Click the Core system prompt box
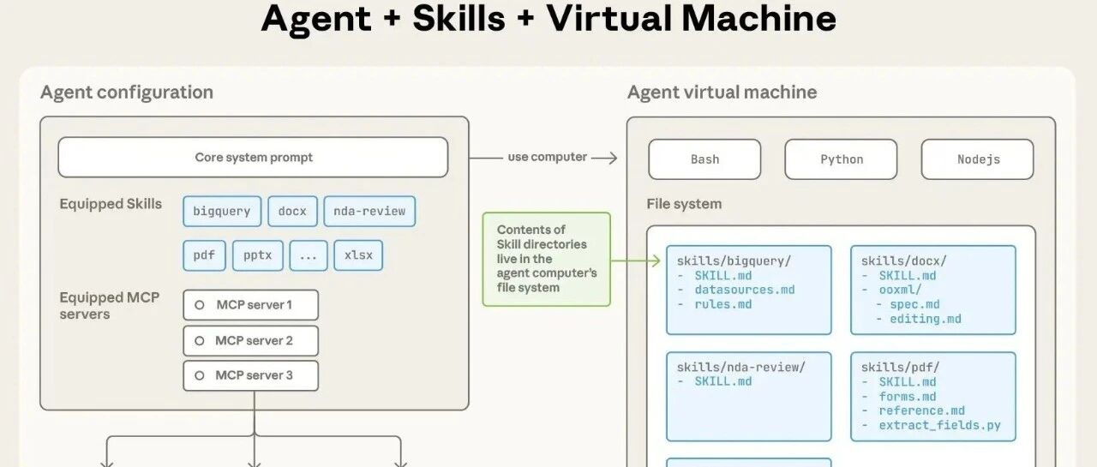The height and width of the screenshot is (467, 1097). pyautogui.click(x=253, y=157)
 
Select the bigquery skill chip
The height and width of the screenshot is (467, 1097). pyautogui.click(x=222, y=211)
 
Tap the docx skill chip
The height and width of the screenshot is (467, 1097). pyautogui.click(x=292, y=211)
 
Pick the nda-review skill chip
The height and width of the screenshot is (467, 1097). pyautogui.click(x=369, y=211)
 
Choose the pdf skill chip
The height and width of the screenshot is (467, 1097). pyautogui.click(x=204, y=255)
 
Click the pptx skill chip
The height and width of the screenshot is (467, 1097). pyautogui.click(x=258, y=255)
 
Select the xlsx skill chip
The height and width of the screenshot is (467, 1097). pyautogui.click(x=358, y=255)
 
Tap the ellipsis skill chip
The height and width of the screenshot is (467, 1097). pyautogui.click(x=308, y=255)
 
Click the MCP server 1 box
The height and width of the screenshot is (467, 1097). pyautogui.click(x=251, y=304)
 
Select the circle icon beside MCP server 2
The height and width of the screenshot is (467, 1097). pyautogui.click(x=200, y=341)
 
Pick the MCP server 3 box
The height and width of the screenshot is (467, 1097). pyautogui.click(x=251, y=375)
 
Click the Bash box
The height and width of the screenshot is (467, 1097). pyautogui.click(x=704, y=159)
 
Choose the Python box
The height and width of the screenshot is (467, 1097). pyautogui.click(x=841, y=159)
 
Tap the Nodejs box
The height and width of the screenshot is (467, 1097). pyautogui.click(x=978, y=159)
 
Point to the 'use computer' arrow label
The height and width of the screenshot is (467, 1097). pyautogui.click(x=547, y=157)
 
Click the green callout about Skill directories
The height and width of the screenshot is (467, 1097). pyautogui.click(x=547, y=259)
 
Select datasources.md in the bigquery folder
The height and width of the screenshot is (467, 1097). pyautogui.click(x=745, y=290)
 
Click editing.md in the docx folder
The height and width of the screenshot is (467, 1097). pyautogui.click(x=925, y=319)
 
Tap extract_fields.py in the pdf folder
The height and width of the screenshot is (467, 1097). pyautogui.click(x=939, y=425)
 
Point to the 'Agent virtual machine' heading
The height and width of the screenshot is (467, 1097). pyautogui.click(x=722, y=92)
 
